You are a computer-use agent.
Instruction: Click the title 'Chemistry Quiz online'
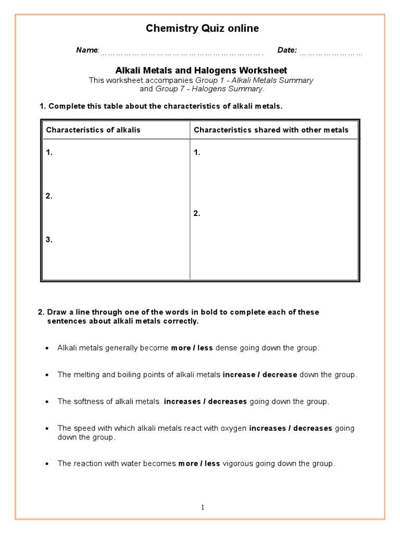[202, 29]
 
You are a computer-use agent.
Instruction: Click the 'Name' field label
[86, 50]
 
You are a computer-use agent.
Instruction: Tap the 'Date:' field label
[287, 50]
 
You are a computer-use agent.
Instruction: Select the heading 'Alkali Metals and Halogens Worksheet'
[201, 70]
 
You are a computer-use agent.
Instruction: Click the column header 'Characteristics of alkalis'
[93, 130]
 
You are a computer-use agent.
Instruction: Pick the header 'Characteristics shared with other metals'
[271, 130]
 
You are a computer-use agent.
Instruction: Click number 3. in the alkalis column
[49, 240]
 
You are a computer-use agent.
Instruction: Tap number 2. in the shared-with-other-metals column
[197, 213]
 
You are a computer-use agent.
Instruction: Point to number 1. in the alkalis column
[49, 153]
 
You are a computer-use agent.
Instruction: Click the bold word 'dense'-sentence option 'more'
[180, 348]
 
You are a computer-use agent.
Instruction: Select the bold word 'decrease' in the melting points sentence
[280, 374]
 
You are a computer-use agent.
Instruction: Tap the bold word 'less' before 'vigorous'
[212, 464]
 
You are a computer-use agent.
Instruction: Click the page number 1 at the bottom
[203, 507]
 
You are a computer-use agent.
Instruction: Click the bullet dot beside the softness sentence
[47, 402]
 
